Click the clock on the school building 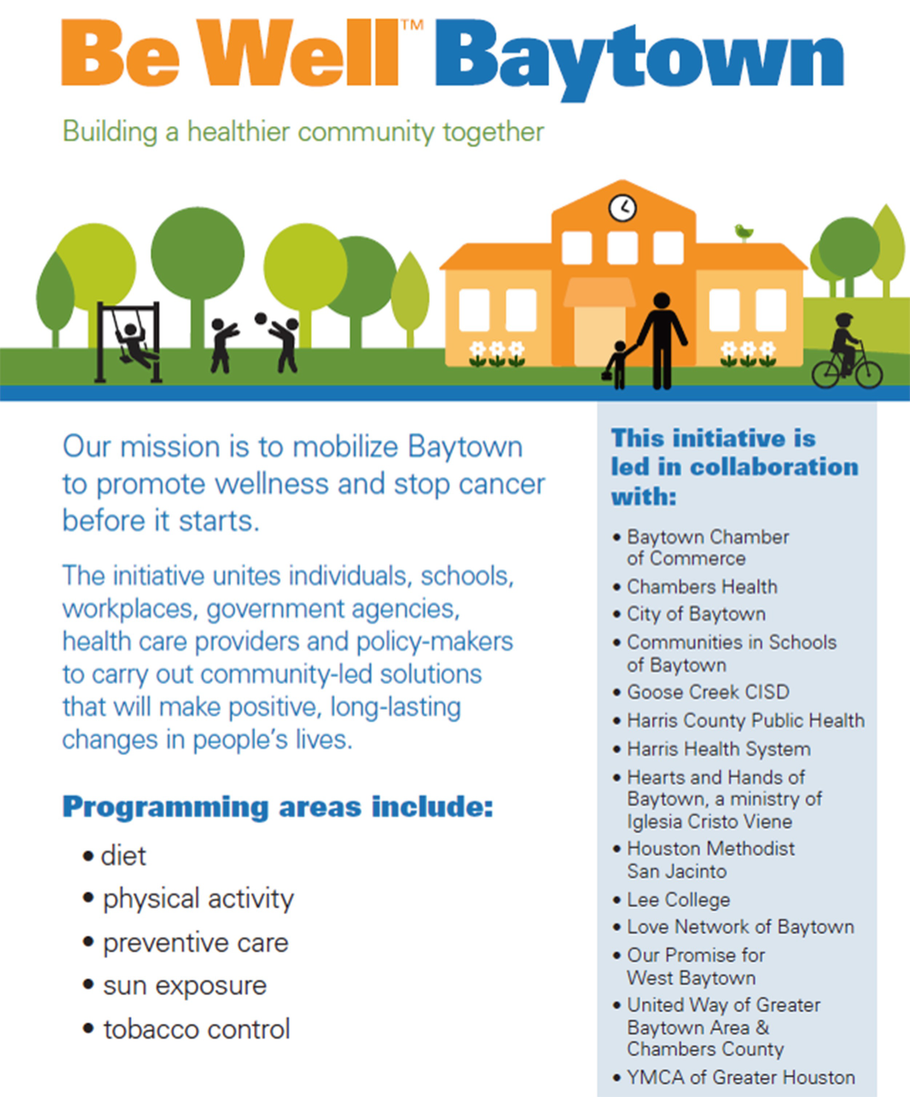coord(622,208)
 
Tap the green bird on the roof coord(744,231)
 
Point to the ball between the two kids coord(260,318)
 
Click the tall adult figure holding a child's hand coord(661,341)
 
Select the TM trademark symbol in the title coord(412,25)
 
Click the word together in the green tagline coord(493,132)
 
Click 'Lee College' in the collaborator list coord(678,899)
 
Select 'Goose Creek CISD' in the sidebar coord(708,692)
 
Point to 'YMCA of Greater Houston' coord(741,1077)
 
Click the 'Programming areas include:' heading coord(278,806)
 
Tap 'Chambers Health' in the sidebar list coord(701,586)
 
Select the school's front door coord(600,336)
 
